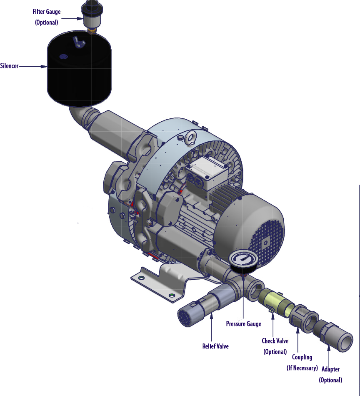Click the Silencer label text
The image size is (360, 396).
click(10, 66)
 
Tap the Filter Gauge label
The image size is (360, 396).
click(47, 12)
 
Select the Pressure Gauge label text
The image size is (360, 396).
click(243, 324)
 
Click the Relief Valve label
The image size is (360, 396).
click(215, 346)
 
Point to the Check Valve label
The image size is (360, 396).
click(275, 341)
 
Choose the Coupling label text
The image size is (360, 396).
click(302, 357)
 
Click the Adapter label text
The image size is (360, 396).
click(330, 369)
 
